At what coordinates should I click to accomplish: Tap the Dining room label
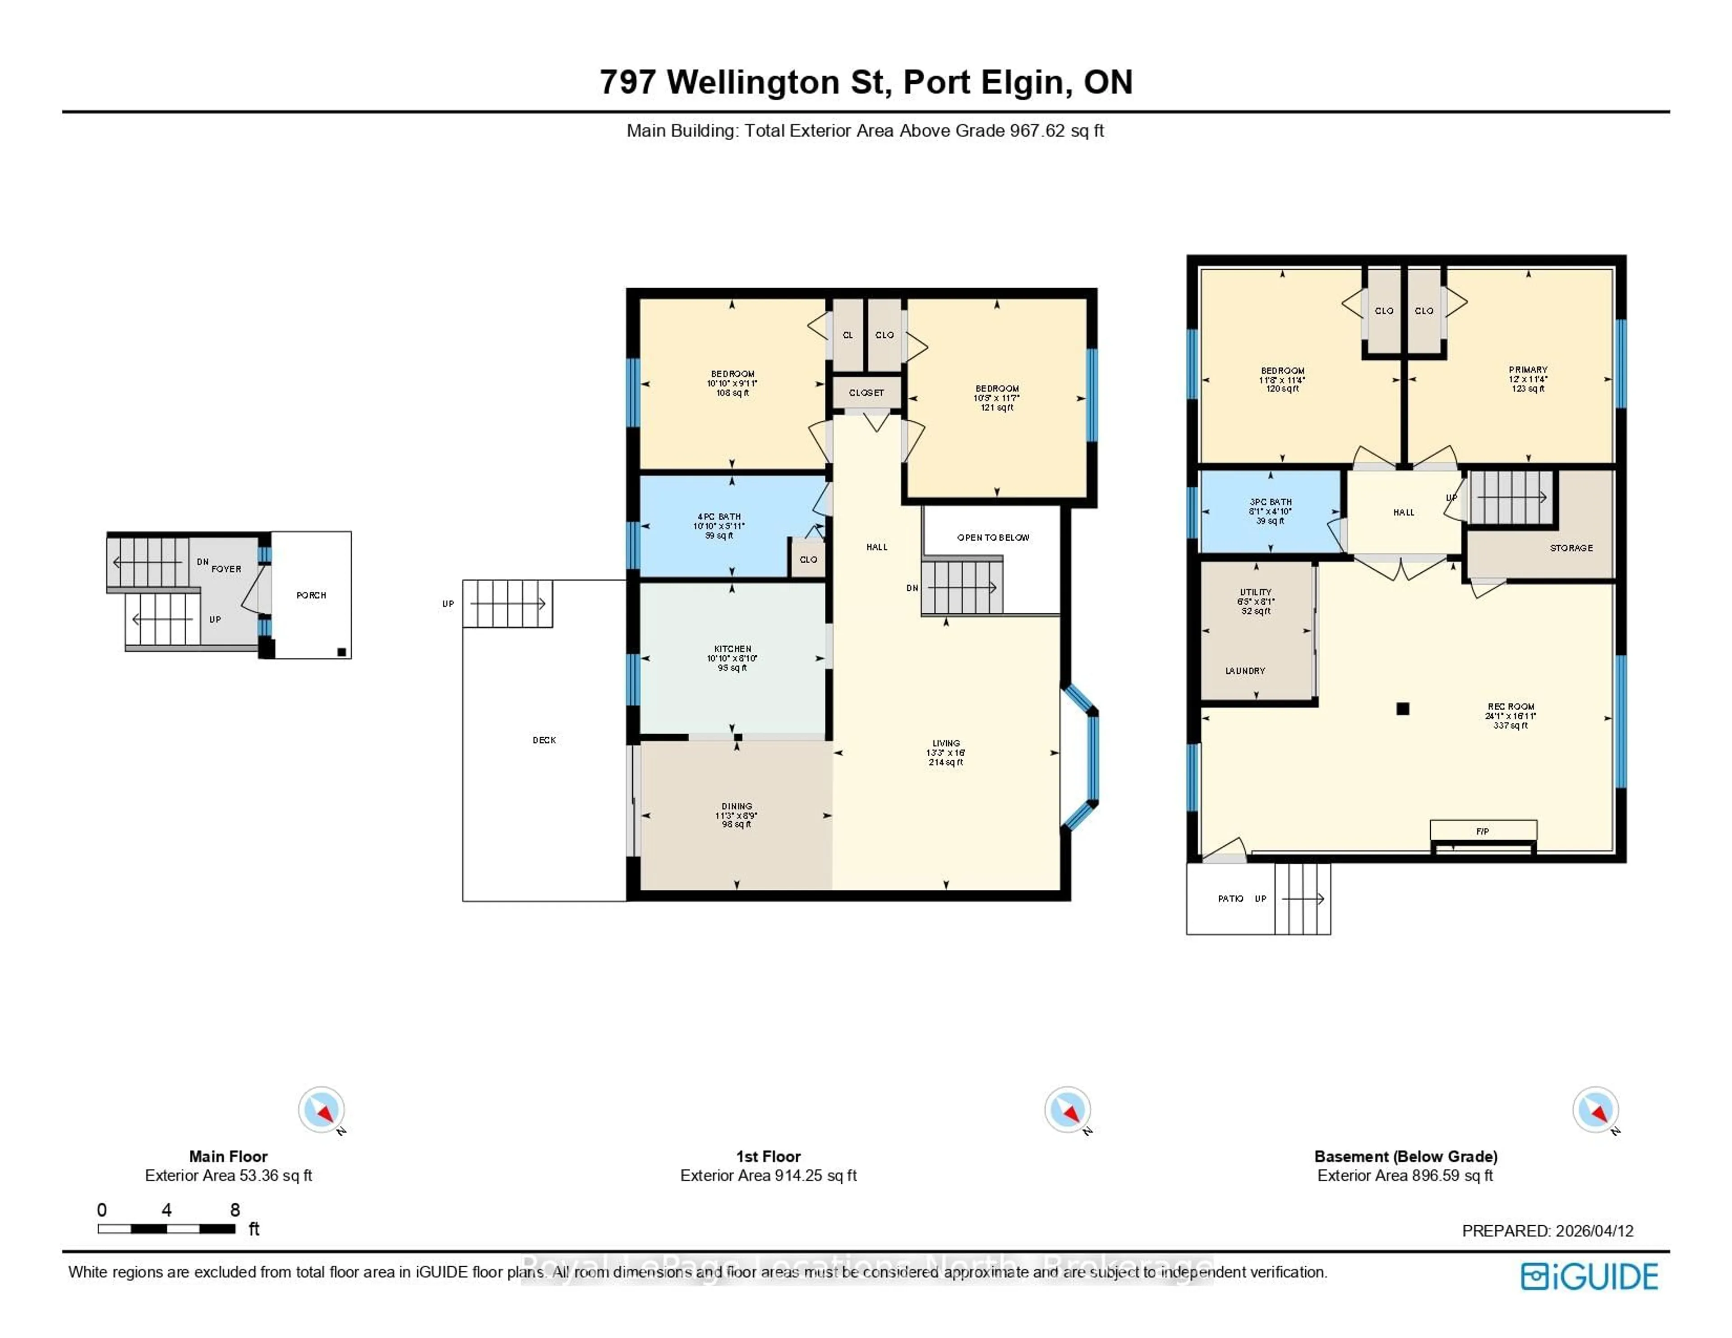pyautogui.click(x=737, y=806)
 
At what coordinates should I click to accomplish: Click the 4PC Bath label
pyautogui.click(x=719, y=516)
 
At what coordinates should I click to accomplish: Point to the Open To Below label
pyautogui.click(x=993, y=538)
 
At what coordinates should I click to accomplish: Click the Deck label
pyautogui.click(x=544, y=740)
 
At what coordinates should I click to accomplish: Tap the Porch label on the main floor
pyautogui.click(x=311, y=595)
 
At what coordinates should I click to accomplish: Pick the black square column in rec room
pyautogui.click(x=1403, y=709)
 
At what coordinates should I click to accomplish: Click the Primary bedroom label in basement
pyautogui.click(x=1527, y=370)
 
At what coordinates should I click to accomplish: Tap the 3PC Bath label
pyautogui.click(x=1271, y=502)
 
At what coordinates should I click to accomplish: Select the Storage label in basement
pyautogui.click(x=1571, y=548)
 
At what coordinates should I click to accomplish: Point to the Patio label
pyautogui.click(x=1230, y=899)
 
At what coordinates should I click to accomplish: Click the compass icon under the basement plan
pyautogui.click(x=1595, y=1109)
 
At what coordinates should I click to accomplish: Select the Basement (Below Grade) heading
pyautogui.click(x=1405, y=1156)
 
